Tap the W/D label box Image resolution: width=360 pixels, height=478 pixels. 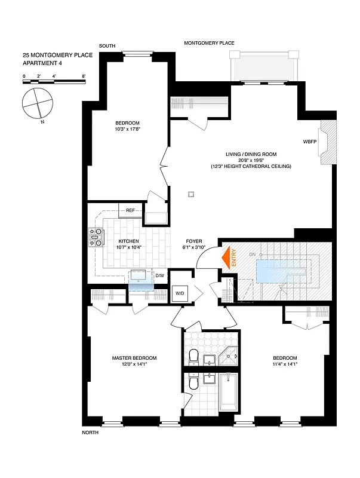pos(179,293)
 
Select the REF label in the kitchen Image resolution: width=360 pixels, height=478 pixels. pos(130,210)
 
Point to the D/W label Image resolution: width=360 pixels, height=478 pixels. pos(159,275)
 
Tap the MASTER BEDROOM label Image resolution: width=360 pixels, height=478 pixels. pos(134,358)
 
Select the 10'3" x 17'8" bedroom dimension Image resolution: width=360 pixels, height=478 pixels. pos(127,130)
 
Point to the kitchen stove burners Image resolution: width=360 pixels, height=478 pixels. pos(96,237)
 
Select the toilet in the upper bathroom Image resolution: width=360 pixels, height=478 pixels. pos(193,357)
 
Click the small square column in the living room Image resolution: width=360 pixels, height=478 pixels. pos(191,193)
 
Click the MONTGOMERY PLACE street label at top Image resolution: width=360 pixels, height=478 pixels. pos(209,43)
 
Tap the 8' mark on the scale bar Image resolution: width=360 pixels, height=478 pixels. pos(84,76)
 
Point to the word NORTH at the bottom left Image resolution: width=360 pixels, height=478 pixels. pos(90,433)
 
